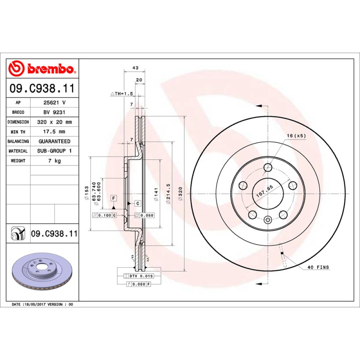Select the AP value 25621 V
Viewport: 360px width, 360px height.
(54, 103)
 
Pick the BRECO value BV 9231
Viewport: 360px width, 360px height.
(54, 112)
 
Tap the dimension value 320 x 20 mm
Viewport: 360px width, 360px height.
(54, 122)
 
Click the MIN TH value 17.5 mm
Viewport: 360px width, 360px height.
(54, 131)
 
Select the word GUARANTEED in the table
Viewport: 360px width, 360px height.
(54, 141)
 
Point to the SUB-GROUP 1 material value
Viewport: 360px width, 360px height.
(54, 151)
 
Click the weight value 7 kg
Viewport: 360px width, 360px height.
(54, 161)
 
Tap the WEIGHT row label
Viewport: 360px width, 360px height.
(18, 161)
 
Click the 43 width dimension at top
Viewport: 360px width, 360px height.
(135, 68)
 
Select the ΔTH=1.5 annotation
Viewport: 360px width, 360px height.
(122, 94)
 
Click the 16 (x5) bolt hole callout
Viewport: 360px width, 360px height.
(296, 135)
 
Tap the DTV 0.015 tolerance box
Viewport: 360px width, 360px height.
(141, 275)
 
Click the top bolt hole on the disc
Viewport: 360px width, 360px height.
(268, 168)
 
